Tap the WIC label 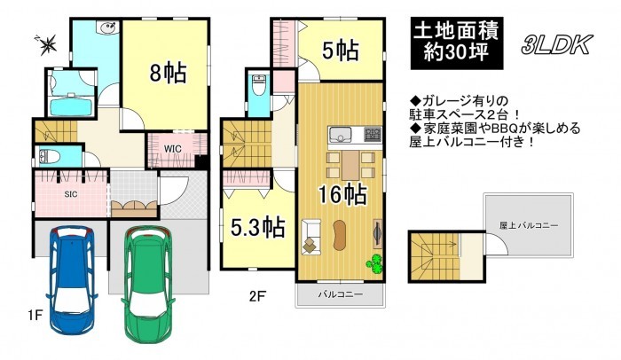(173, 149)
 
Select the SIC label (71, 194)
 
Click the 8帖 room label (168, 72)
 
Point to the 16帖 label (343, 193)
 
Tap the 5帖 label (341, 51)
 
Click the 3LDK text (556, 44)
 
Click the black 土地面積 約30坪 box (457, 43)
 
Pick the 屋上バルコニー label (529, 226)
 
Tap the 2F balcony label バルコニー (341, 294)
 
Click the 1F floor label (35, 316)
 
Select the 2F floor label (257, 296)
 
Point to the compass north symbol (48, 43)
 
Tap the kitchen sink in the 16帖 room (338, 134)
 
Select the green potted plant (374, 263)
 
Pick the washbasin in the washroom (107, 28)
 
